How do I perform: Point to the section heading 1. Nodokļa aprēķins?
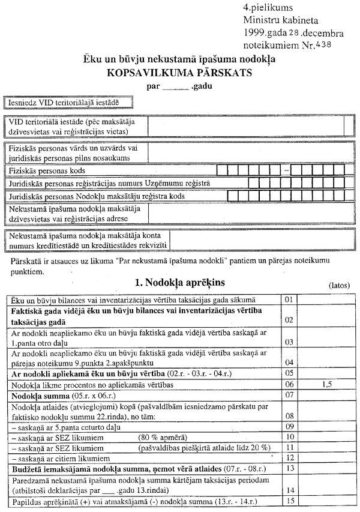pos(180,281)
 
